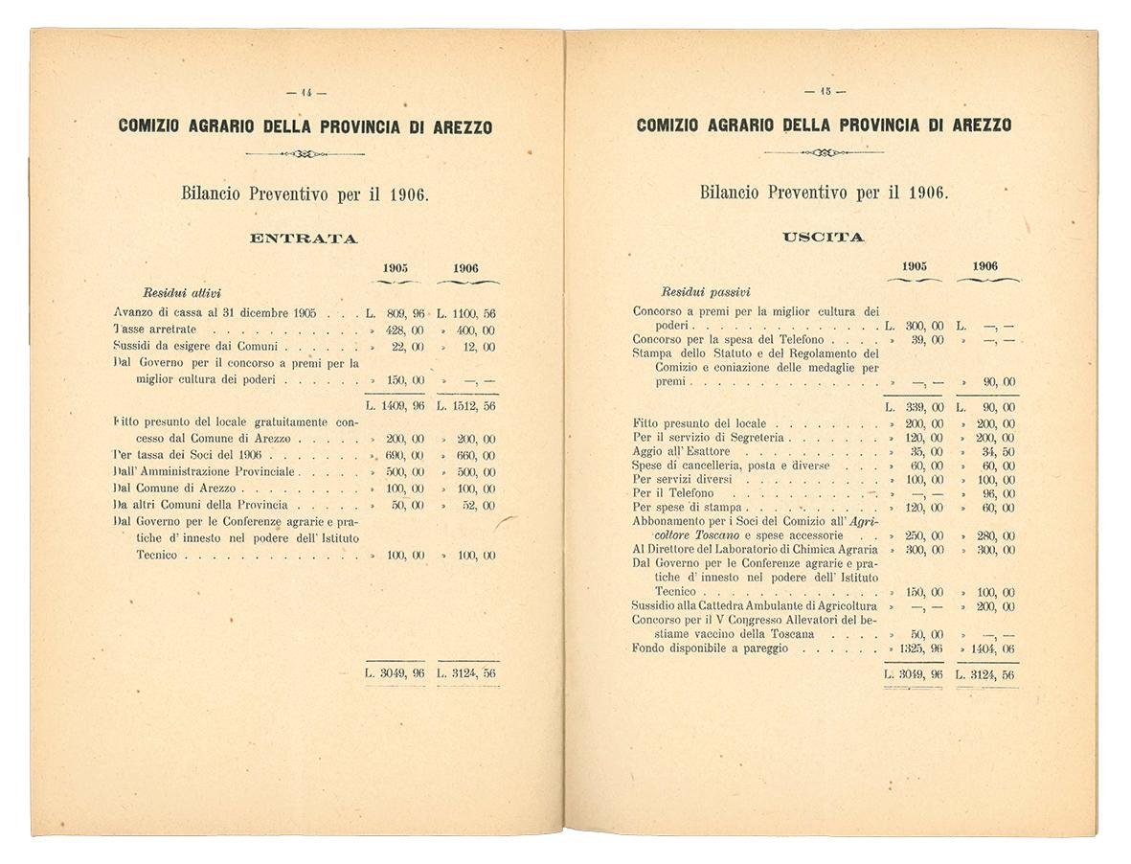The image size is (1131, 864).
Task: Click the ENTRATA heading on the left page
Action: pos(303,239)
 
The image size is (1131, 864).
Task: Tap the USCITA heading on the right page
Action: pos(823,237)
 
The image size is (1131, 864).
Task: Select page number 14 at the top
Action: pos(306,93)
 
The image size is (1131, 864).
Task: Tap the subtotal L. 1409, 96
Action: pos(396,405)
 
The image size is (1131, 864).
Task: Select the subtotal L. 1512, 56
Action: pos(466,405)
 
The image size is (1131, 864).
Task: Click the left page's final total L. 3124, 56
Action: pos(466,672)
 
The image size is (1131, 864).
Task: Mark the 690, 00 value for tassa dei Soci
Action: pos(404,456)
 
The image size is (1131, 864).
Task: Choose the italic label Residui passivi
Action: pos(705,291)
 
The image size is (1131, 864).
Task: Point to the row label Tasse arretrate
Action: pos(155,330)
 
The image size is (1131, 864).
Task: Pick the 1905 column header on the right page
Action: pos(915,266)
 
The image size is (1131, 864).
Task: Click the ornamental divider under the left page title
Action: pos(305,153)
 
